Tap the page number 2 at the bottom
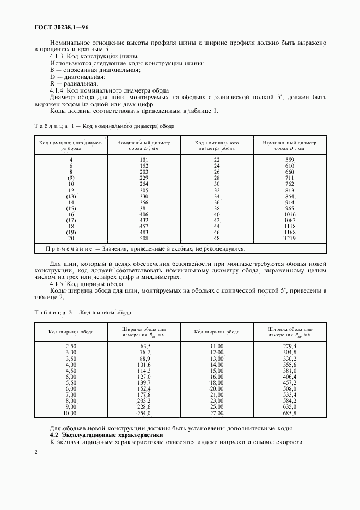36,452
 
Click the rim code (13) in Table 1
71,196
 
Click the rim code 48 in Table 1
217,238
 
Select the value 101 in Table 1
144,160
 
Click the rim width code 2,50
71,346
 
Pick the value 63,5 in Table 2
145,346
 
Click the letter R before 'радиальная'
52,83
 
